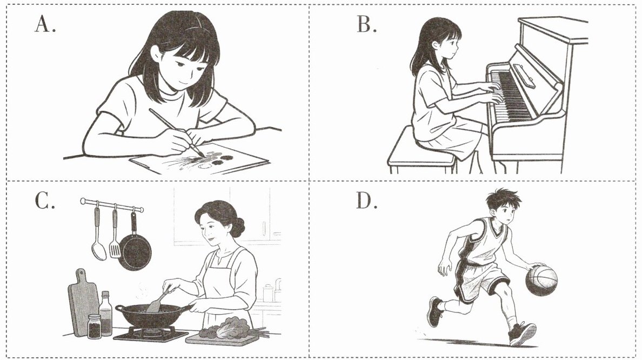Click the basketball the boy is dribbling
(x=541, y=281)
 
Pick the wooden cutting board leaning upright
(x=83, y=302)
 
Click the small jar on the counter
(x=94, y=326)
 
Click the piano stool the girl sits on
(x=421, y=152)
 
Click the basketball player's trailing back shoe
(x=434, y=312)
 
